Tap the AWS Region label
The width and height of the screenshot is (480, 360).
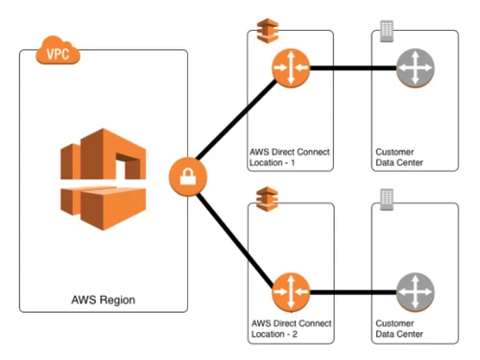[x=103, y=300]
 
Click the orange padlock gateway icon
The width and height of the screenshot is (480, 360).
[x=185, y=178]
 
